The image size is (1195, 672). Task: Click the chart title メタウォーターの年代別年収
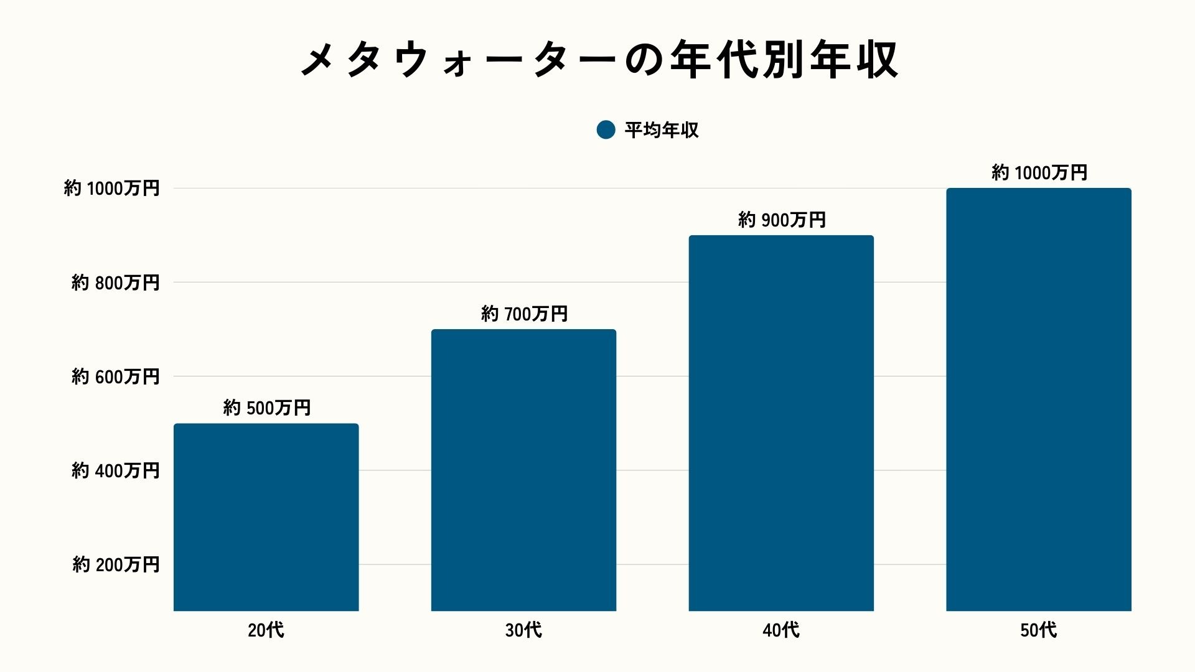(599, 60)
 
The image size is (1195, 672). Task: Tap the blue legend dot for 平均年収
(606, 129)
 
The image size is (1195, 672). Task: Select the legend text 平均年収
(662, 130)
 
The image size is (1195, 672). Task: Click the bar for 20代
(266, 517)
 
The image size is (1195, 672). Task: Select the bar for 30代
(523, 470)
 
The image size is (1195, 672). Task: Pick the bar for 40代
(781, 423)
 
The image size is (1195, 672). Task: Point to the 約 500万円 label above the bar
(267, 408)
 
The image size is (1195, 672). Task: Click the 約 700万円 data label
(524, 314)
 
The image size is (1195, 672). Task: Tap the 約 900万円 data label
(782, 220)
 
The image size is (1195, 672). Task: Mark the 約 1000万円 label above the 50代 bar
(1039, 172)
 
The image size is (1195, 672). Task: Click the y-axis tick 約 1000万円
(112, 189)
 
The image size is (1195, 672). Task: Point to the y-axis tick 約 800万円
(116, 282)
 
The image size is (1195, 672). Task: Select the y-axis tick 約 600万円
(116, 376)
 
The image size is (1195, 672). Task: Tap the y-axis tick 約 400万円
(116, 470)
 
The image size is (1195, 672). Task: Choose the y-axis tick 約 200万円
(116, 564)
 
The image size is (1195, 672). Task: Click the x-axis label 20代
(266, 630)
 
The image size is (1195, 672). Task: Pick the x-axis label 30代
(523, 630)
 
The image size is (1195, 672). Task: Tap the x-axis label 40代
(781, 630)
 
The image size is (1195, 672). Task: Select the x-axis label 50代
(1038, 630)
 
